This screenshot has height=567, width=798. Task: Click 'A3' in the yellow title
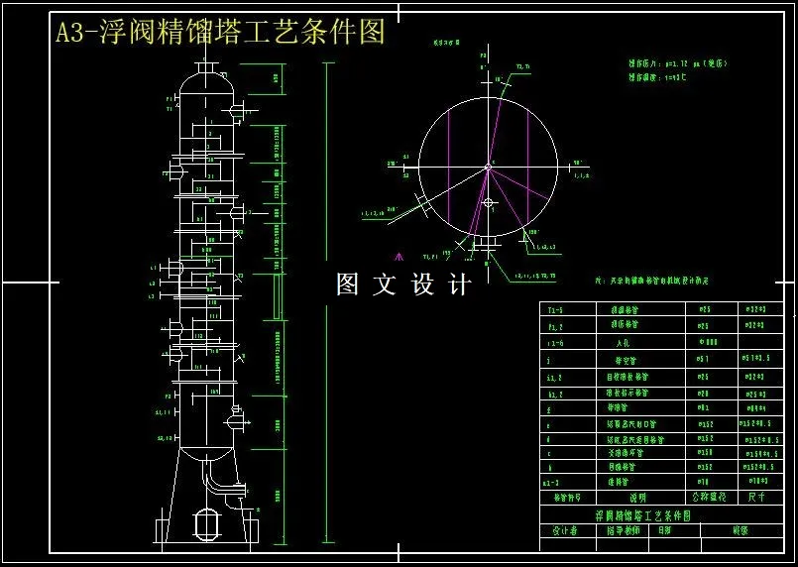coord(71,33)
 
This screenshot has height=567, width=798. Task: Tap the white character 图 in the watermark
coord(348,284)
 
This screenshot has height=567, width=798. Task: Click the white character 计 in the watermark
coord(459,284)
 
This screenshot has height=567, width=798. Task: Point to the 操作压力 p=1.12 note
coord(678,63)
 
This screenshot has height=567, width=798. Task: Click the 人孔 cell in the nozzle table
coord(623,342)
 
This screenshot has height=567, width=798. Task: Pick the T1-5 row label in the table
coord(554,309)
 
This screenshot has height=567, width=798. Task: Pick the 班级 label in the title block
coord(740,531)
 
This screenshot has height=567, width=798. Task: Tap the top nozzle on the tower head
coord(208,66)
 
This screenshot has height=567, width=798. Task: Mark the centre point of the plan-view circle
coord(487,166)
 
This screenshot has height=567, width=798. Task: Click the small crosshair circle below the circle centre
coord(487,202)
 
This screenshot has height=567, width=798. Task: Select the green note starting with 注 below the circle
coord(654,281)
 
